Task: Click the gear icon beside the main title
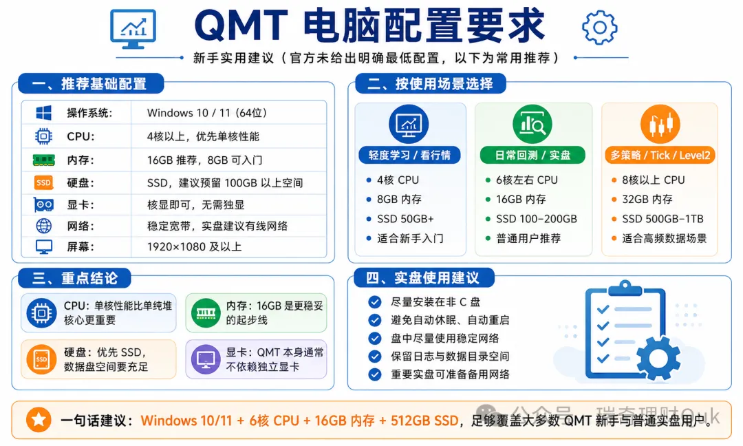pyautogui.click(x=599, y=28)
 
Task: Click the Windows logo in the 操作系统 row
pyautogui.click(x=43, y=113)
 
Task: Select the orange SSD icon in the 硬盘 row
pyautogui.click(x=43, y=182)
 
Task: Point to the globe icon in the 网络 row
pyautogui.click(x=44, y=226)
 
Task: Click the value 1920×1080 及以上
pyautogui.click(x=194, y=247)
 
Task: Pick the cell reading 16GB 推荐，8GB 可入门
pyautogui.click(x=205, y=160)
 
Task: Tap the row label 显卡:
pyautogui.click(x=80, y=204)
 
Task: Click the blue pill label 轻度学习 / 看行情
pyautogui.click(x=409, y=155)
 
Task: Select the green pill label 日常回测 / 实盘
pyautogui.click(x=532, y=155)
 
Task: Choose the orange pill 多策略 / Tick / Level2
pyautogui.click(x=660, y=155)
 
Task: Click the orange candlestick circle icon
pyautogui.click(x=660, y=124)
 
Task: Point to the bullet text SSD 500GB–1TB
pyautogui.click(x=663, y=219)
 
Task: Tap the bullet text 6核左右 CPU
pyautogui.click(x=527, y=180)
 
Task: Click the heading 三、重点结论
pyautogui.click(x=74, y=278)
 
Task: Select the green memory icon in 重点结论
pyautogui.click(x=206, y=312)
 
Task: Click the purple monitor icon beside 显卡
pyautogui.click(x=206, y=359)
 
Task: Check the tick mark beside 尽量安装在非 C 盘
pyautogui.click(x=375, y=302)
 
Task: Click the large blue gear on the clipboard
pyautogui.click(x=658, y=359)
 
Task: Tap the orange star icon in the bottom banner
pyautogui.click(x=39, y=420)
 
